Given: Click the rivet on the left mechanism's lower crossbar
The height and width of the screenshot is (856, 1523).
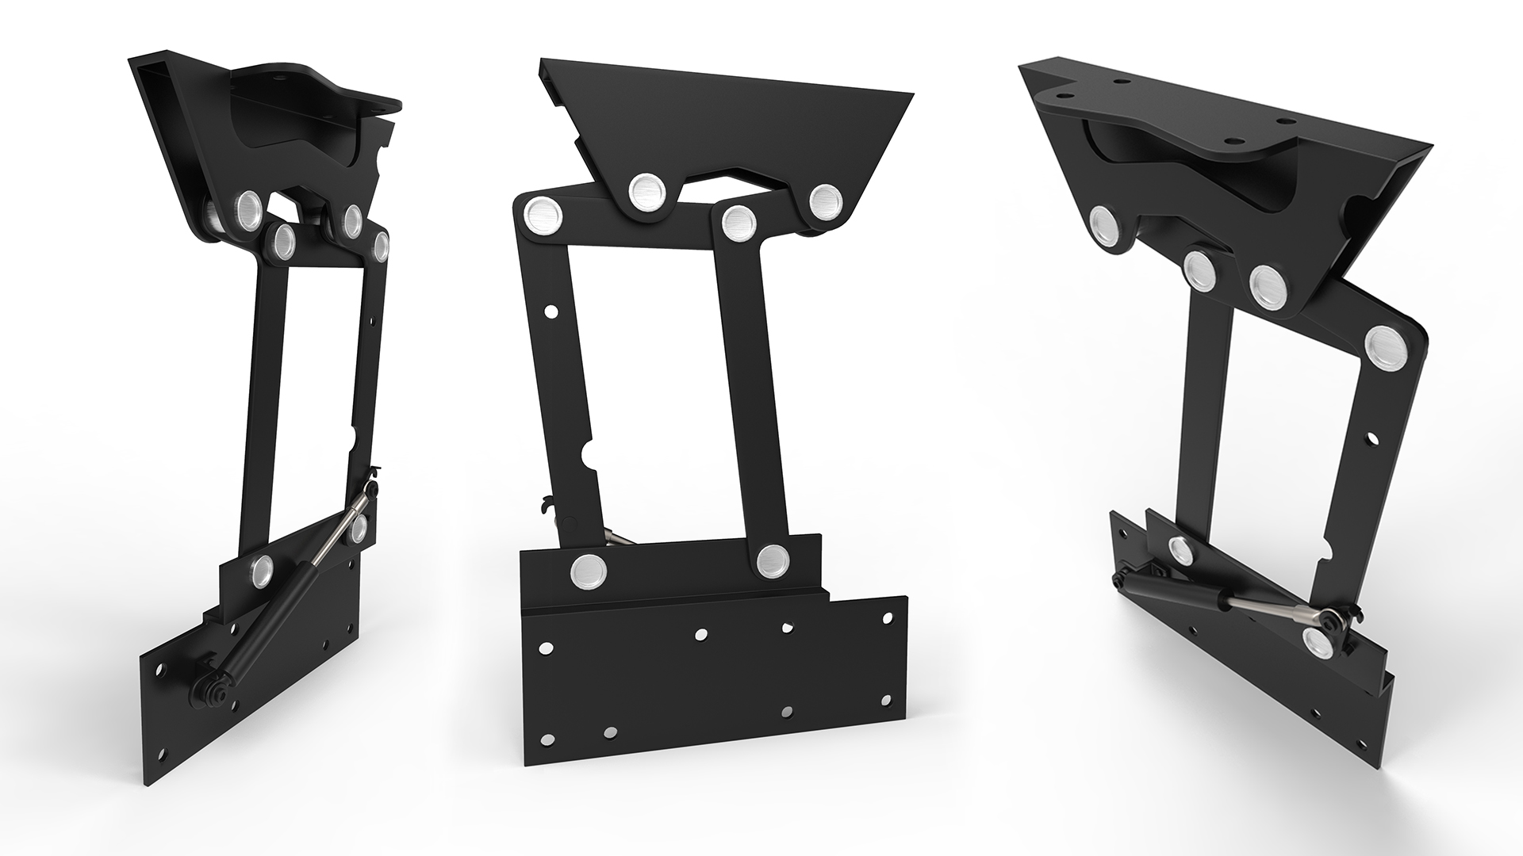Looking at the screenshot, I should tap(261, 567).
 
